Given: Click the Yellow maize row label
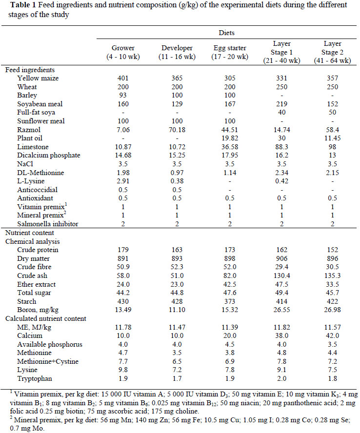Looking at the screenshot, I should (x=37, y=78).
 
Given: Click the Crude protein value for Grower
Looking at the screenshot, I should (x=123, y=249).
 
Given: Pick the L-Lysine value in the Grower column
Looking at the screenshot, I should (x=123, y=182).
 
